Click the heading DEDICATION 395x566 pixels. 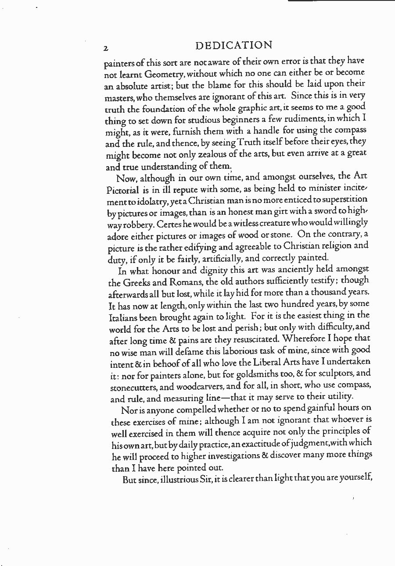[x=233, y=46]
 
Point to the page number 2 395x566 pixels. [x=106, y=48]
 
